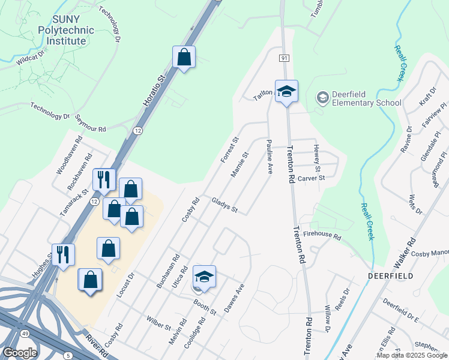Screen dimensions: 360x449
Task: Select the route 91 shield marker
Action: (x=284, y=58)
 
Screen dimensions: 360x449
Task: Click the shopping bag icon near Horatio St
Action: (x=184, y=58)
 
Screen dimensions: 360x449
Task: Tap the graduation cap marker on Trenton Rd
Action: (x=286, y=92)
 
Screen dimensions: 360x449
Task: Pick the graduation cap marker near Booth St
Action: (x=204, y=277)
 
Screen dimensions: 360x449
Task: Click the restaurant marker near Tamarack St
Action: (x=103, y=179)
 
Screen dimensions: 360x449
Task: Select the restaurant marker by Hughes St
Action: (x=63, y=254)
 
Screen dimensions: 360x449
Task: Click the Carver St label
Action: (x=311, y=178)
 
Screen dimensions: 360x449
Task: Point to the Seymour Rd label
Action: (x=91, y=123)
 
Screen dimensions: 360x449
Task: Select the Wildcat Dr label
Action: (x=32, y=58)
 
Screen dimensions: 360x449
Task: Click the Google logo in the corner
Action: (x=20, y=353)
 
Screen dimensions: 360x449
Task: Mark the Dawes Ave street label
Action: (x=234, y=298)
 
